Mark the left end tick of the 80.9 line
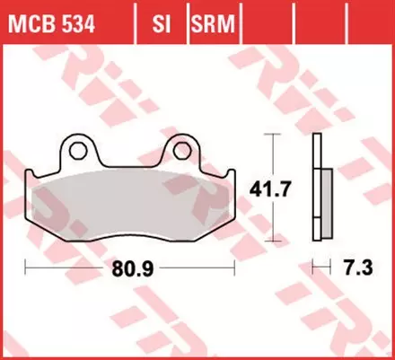click(x=26, y=268)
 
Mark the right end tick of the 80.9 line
click(x=235, y=268)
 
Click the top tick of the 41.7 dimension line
click(x=269, y=134)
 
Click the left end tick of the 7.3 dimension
click(x=313, y=268)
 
